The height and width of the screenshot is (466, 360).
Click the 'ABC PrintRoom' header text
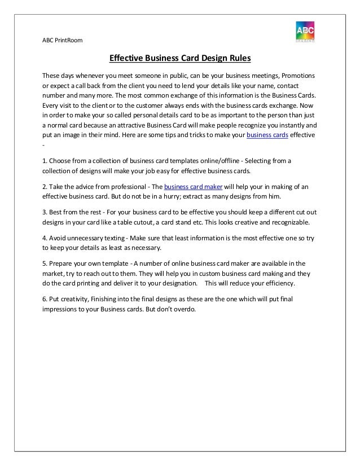(62, 39)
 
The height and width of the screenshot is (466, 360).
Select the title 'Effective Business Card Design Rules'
(179, 58)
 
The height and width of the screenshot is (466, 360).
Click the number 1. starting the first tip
(45, 161)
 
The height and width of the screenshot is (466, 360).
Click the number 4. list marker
(45, 238)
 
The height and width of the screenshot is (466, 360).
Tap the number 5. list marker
(45, 263)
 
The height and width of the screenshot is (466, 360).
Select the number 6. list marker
(45, 298)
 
